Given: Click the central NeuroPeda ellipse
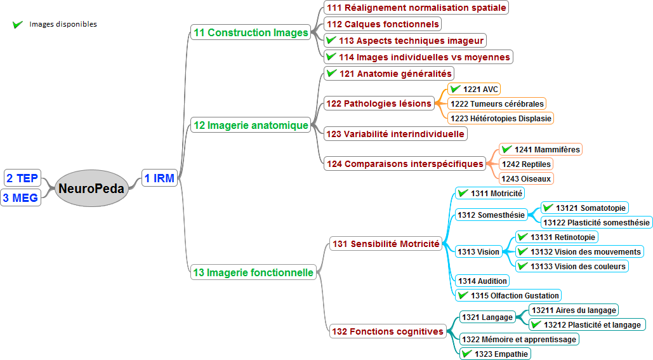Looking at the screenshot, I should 91,188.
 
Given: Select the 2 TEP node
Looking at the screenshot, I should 22,178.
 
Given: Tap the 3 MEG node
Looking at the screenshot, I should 20,197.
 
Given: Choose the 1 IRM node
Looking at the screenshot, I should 159,178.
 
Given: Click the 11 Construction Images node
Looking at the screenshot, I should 251,32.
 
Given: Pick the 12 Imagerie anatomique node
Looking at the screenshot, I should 251,125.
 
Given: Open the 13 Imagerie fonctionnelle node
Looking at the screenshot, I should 253,272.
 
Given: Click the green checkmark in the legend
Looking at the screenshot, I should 18,25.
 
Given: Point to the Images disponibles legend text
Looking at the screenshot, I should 63,24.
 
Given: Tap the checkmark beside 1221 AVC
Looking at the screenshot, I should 455,89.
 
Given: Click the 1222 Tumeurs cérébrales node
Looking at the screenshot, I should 496,103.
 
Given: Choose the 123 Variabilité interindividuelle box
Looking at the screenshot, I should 395,134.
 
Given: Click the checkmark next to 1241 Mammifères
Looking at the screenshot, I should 506,149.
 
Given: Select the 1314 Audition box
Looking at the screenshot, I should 482,281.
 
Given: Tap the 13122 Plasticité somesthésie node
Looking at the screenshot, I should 597,222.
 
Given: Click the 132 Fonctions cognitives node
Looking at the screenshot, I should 387,331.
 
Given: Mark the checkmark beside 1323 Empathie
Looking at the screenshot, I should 466,354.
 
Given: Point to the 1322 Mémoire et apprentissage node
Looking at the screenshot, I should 518,339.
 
